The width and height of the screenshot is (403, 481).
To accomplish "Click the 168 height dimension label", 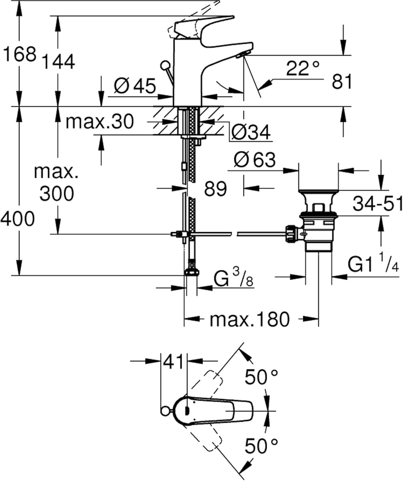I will coord(19,54).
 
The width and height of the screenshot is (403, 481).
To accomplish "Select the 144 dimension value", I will coord(59,62).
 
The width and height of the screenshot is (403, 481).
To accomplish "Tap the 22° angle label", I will coord(302,68).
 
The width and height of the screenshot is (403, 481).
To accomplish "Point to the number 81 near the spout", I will coord(342,82).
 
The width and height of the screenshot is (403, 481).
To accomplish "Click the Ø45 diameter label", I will coord(135,86).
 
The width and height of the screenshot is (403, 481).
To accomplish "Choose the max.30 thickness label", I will coord(99,122).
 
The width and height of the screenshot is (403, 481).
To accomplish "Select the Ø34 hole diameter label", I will coord(251,132).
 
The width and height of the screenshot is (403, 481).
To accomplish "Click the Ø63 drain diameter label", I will coord(255,159).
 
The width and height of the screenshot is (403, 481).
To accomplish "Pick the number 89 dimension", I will coord(215,189).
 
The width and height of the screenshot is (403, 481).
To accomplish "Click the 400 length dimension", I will coord(17,219).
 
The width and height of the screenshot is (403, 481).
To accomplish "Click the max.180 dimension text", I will coord(249,320).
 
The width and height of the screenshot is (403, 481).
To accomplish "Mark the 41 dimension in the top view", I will coord(173,362).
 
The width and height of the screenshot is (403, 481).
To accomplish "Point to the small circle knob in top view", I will coord(165,411).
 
